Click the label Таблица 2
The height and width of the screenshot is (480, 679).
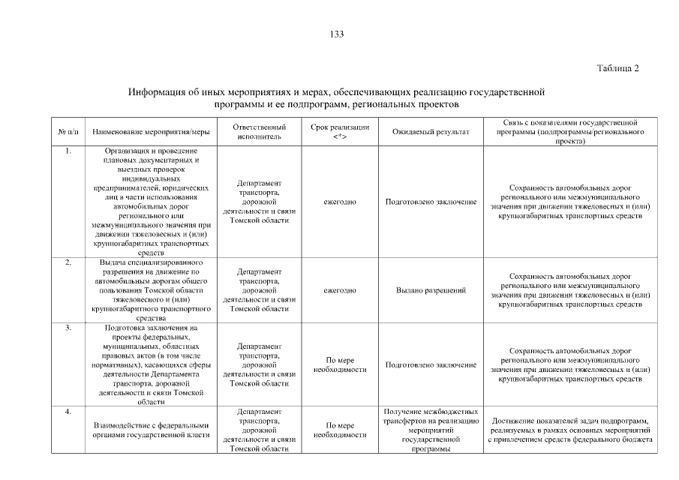[x=617, y=68]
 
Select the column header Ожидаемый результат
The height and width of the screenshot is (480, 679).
[x=431, y=132]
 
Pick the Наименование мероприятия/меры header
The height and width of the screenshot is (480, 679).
[x=151, y=132]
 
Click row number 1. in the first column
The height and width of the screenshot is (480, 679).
[x=68, y=151]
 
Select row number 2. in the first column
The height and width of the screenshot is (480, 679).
[x=68, y=262]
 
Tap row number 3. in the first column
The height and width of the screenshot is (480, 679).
[x=68, y=328]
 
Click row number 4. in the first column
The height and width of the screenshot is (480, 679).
[x=68, y=411]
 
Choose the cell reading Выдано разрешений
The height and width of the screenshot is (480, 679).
[x=431, y=290]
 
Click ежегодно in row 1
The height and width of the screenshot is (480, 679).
[x=339, y=202]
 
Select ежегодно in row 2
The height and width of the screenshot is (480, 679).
[x=339, y=290]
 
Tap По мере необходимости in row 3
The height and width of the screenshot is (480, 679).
[x=339, y=364]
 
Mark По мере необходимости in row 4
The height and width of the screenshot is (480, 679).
[x=339, y=430]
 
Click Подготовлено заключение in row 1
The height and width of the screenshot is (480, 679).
[x=431, y=202]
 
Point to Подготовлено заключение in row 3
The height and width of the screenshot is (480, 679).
[x=431, y=365]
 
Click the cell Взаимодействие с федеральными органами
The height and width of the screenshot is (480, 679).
[x=151, y=430]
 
